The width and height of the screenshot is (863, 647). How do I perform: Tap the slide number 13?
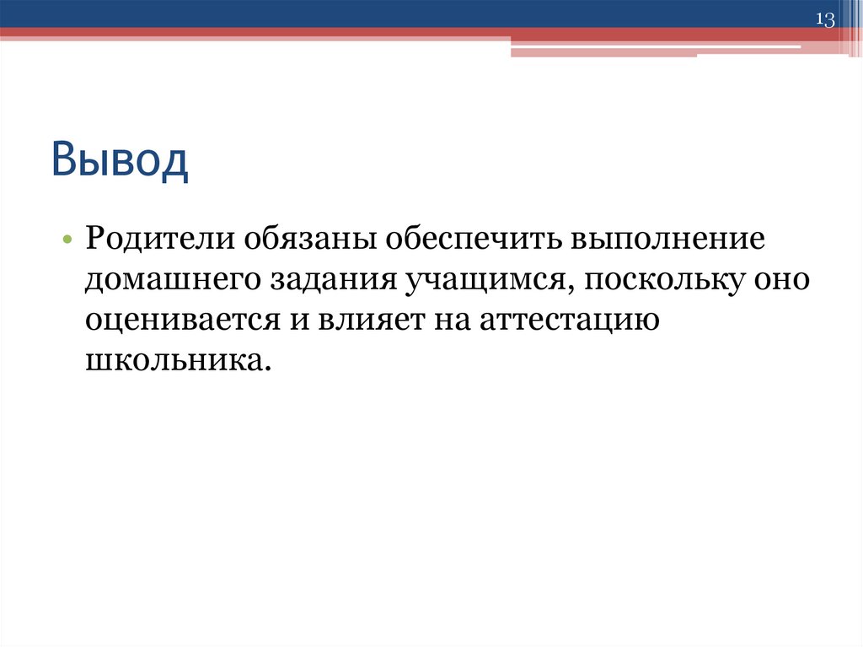[x=824, y=19]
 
